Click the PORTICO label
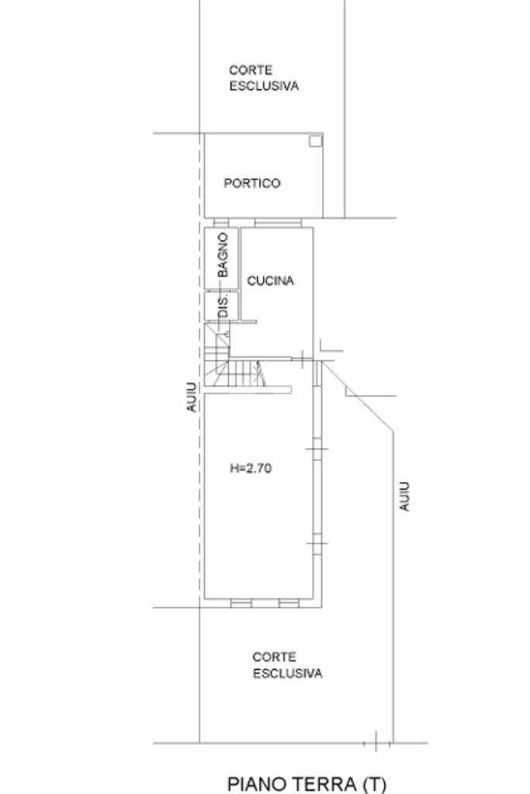(251, 184)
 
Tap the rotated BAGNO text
(223, 255)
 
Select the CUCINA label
(270, 281)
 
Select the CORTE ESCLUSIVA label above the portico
(263, 78)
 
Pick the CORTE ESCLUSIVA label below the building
(286, 665)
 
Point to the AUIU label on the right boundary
(404, 495)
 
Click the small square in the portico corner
(314, 140)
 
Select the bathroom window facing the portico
(220, 223)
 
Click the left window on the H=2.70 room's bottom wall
(241, 603)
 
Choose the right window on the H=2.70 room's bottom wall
(288, 603)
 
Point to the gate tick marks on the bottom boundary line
(376, 743)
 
